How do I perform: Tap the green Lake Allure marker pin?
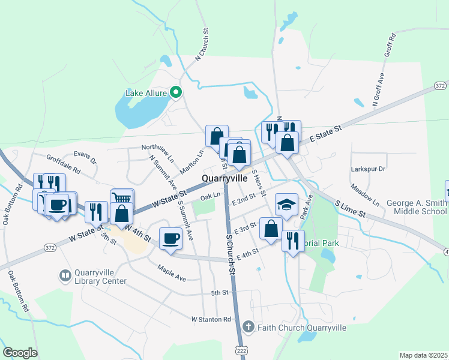176,92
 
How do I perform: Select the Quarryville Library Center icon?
65,276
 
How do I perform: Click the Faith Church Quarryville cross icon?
249,328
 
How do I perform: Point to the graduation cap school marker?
286,205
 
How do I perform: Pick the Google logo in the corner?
20,353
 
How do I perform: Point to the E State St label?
325,134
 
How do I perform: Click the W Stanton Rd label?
211,319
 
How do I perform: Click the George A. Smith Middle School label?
417,207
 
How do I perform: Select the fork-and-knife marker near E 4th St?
293,241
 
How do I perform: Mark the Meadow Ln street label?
366,193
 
